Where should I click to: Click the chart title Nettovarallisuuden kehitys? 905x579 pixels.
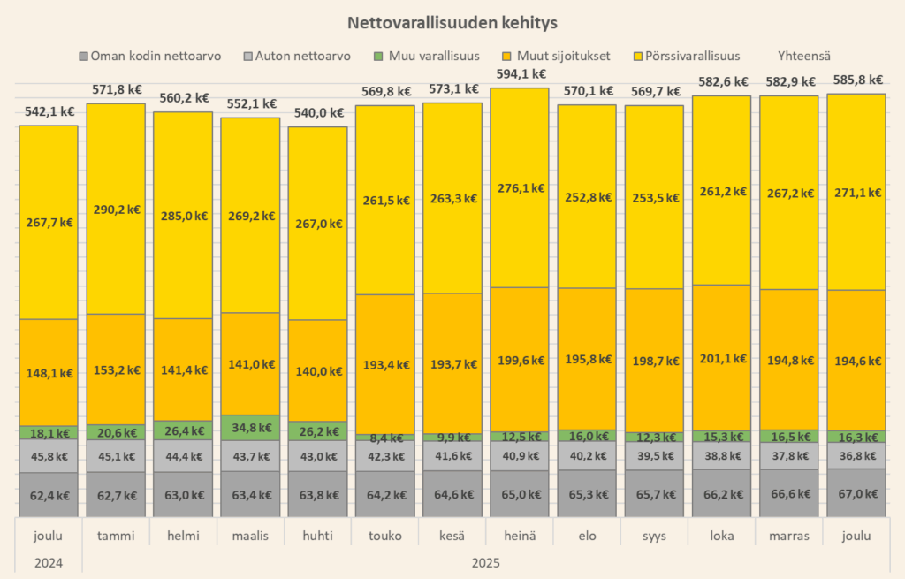click(x=452, y=21)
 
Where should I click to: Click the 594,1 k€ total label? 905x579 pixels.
click(x=520, y=74)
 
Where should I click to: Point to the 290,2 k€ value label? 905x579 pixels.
click(x=116, y=210)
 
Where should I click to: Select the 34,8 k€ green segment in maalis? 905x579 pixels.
click(x=250, y=428)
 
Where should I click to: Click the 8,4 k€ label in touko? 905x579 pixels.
click(x=384, y=437)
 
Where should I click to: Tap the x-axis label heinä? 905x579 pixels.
click(x=520, y=536)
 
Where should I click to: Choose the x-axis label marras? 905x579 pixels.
click(x=788, y=536)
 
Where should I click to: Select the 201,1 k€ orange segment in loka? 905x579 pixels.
click(x=721, y=358)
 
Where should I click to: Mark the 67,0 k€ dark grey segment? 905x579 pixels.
click(x=856, y=494)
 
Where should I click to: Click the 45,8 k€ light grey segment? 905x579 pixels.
click(x=49, y=456)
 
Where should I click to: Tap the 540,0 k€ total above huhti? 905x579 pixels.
click(x=318, y=113)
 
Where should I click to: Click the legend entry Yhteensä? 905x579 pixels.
click(x=804, y=56)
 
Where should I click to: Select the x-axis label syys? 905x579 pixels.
click(x=654, y=536)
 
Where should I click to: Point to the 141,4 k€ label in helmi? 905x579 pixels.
click(x=183, y=369)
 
